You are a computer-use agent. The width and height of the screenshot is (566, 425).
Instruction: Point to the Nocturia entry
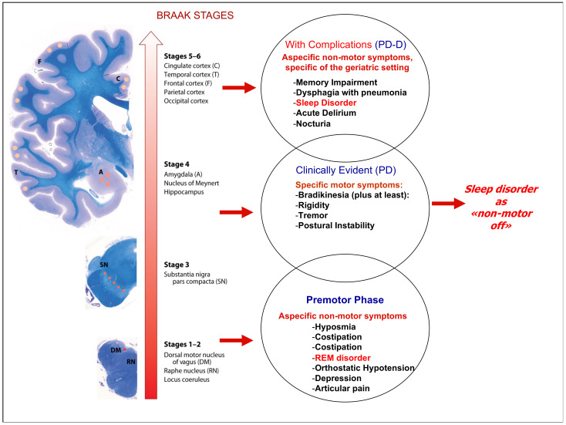pos(317,124)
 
